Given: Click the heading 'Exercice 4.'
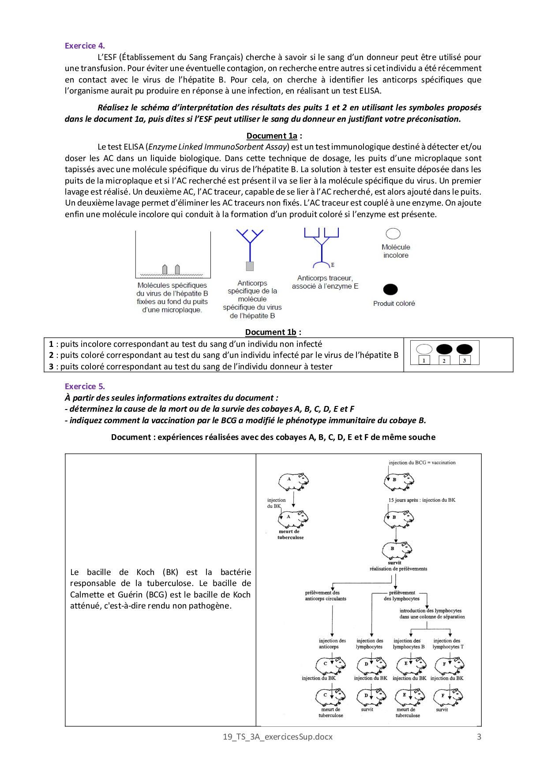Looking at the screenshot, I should [85, 46].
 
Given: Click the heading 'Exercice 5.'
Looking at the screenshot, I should [85, 387].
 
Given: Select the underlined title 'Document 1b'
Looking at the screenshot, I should [271, 332].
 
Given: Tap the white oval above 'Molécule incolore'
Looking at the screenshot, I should [393, 233].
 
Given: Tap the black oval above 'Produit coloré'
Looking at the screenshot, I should [390, 289].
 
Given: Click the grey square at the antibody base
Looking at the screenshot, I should [250, 266].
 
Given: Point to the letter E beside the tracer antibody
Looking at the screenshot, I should [333, 265].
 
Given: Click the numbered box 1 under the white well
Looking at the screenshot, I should [424, 361].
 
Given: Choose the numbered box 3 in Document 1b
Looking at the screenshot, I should [465, 361].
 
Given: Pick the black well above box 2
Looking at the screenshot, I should [444, 349].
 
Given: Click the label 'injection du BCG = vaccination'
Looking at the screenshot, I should [422, 463].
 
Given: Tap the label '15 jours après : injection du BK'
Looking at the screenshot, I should [422, 500].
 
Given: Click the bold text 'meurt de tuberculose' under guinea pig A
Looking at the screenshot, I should [290, 534].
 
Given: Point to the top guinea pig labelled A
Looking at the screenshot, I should [293, 481].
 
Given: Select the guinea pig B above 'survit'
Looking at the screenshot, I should [397, 550].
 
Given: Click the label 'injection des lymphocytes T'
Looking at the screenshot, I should [448, 644].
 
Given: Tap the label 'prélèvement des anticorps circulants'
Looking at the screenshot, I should [326, 596].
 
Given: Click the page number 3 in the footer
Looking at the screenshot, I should [479, 736].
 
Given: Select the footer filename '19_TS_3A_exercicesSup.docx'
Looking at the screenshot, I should [277, 736].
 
